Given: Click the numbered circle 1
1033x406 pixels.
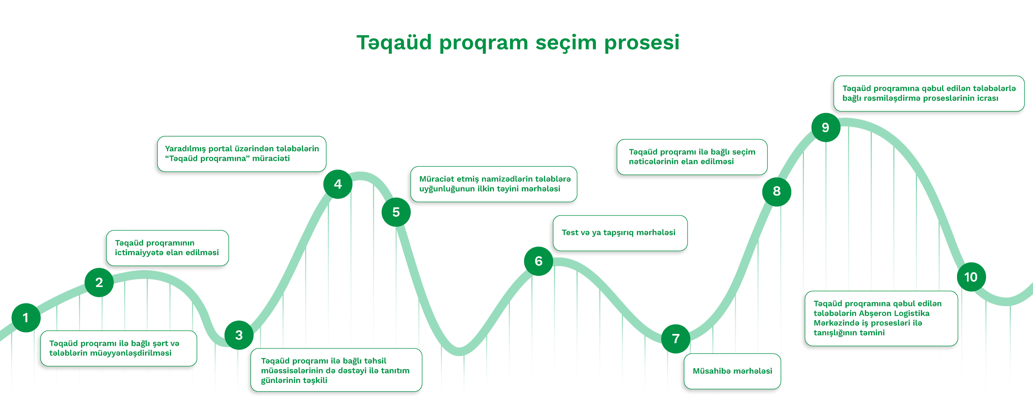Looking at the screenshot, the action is pos(26,318).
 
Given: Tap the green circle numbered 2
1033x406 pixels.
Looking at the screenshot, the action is pos(99,282).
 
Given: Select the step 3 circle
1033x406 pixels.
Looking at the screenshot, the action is pos(239,335).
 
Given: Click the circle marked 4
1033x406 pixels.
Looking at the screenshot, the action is pos(338,184).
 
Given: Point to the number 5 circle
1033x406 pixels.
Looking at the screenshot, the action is pos(396,212).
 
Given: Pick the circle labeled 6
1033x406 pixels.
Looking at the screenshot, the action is pos(539,261).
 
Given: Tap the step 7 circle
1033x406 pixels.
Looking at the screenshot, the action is pos(676,339).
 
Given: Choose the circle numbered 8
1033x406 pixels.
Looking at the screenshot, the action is pos(777,191).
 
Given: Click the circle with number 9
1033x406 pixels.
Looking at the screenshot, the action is pos(826,127).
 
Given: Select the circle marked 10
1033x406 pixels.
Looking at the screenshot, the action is pos(971,277).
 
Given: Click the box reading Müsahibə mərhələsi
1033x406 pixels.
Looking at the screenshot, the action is pos(732,371).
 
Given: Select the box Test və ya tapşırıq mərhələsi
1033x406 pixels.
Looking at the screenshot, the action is pos(620,233).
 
